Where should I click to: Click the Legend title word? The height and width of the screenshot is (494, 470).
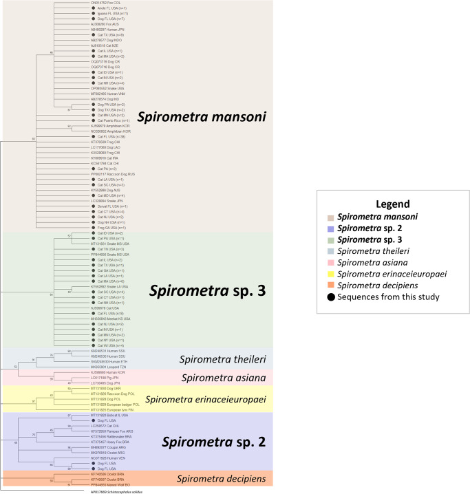(x=392, y=204)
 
